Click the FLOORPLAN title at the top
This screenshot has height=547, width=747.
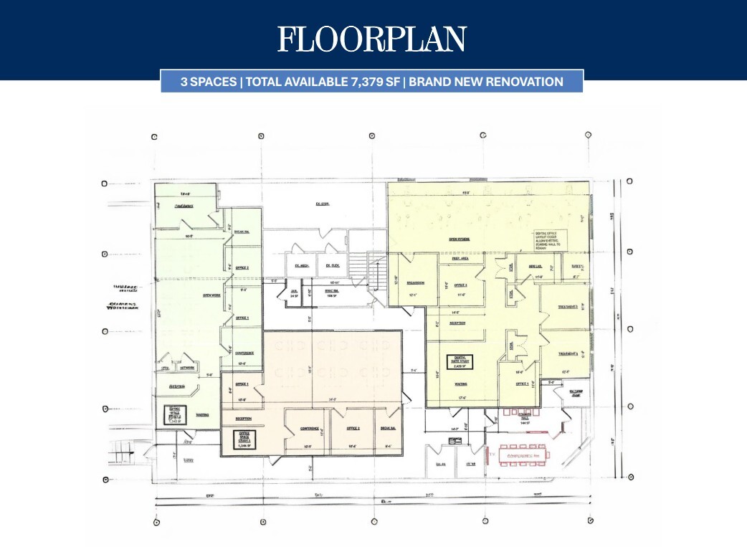pyautogui.click(x=372, y=39)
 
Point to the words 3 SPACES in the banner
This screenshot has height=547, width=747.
pyautogui.click(x=209, y=82)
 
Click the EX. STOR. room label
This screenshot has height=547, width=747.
pyautogui.click(x=322, y=204)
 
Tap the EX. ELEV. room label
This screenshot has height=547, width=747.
pyautogui.click(x=332, y=266)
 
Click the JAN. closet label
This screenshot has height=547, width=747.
pyautogui.click(x=293, y=292)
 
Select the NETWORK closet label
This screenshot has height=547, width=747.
pyautogui.click(x=187, y=368)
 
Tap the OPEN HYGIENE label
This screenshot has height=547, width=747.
pyautogui.click(x=460, y=239)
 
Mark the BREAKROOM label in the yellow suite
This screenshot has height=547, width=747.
pyautogui.click(x=416, y=283)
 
